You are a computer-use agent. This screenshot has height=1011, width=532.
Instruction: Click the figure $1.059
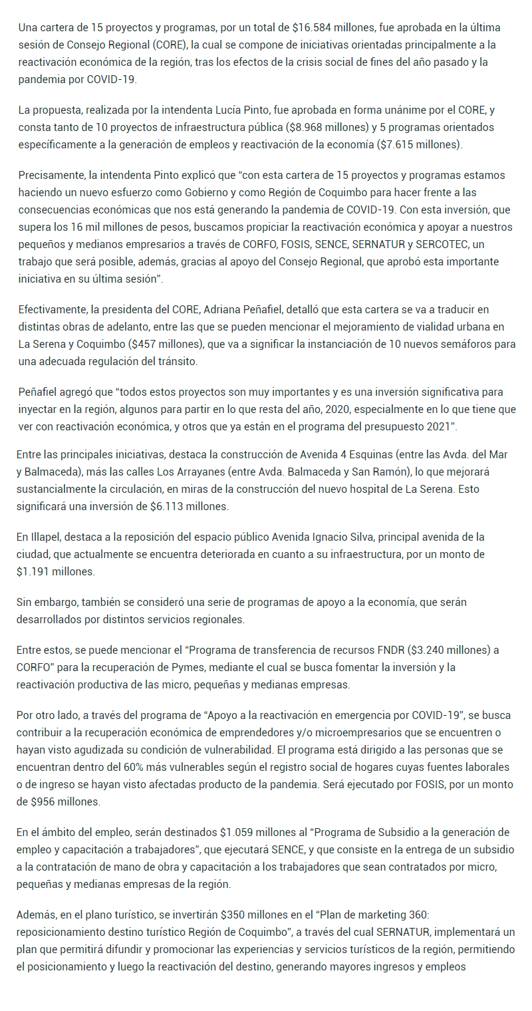[240, 832]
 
